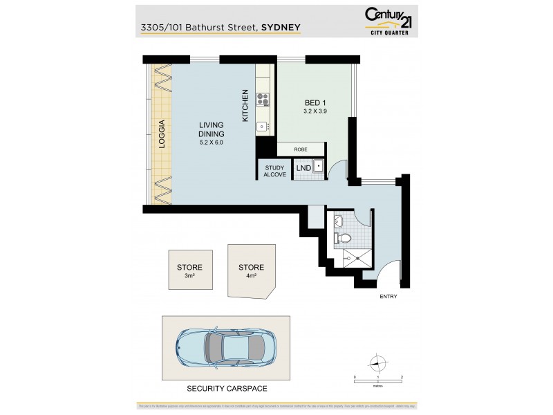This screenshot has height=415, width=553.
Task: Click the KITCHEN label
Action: [245, 107]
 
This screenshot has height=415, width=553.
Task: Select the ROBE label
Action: [301, 149]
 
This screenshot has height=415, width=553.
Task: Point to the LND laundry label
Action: [303, 167]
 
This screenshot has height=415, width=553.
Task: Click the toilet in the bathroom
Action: [343, 239]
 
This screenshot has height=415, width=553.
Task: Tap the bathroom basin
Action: [339, 221]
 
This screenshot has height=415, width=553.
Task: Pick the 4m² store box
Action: [251, 270]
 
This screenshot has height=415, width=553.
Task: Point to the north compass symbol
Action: [377, 362]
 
